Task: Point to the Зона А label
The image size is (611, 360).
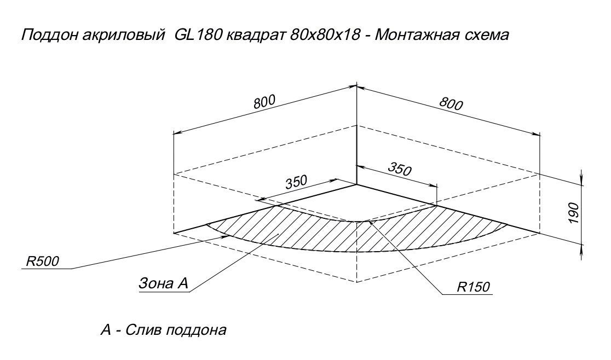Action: coord(163,283)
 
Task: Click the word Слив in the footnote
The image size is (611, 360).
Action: coord(143,330)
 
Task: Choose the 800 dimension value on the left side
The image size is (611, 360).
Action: coord(263,102)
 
